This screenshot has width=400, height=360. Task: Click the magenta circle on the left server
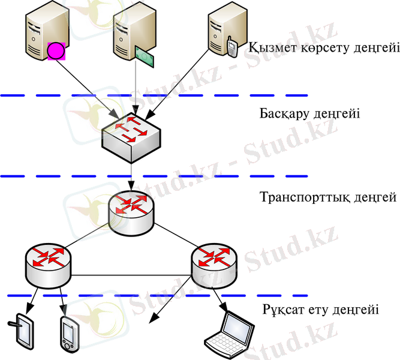click(x=56, y=50)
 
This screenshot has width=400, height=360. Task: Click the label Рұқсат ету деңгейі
click(x=320, y=310)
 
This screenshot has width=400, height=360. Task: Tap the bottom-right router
click(x=214, y=265)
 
